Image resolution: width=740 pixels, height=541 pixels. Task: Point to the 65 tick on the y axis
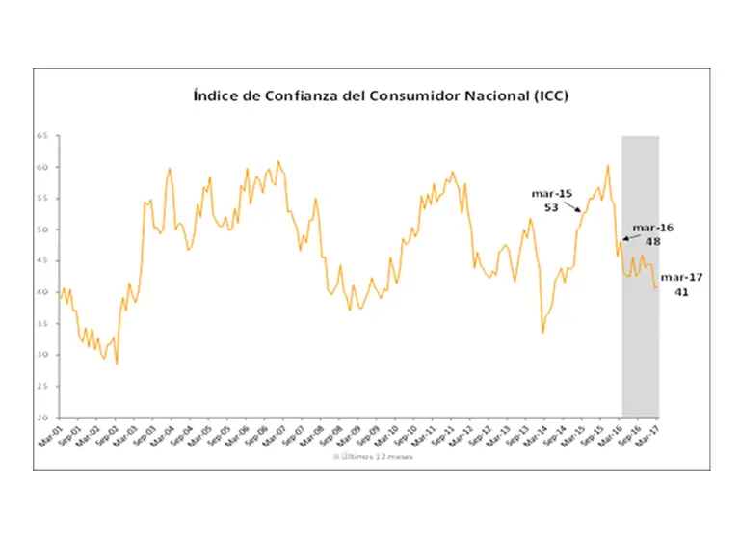[x=41, y=136]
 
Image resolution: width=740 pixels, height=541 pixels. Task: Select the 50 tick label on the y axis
[x=41, y=230]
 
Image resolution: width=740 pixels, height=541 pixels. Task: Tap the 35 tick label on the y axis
[x=41, y=323]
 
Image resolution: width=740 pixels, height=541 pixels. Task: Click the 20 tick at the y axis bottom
[x=41, y=418]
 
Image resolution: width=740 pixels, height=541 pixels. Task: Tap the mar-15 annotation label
[x=551, y=193]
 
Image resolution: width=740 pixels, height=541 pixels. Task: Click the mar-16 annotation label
[x=653, y=228]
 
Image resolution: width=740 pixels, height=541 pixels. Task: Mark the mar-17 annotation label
[x=681, y=277]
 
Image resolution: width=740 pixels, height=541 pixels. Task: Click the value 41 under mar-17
[x=681, y=291]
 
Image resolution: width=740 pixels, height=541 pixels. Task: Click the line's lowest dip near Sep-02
[x=117, y=363]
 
